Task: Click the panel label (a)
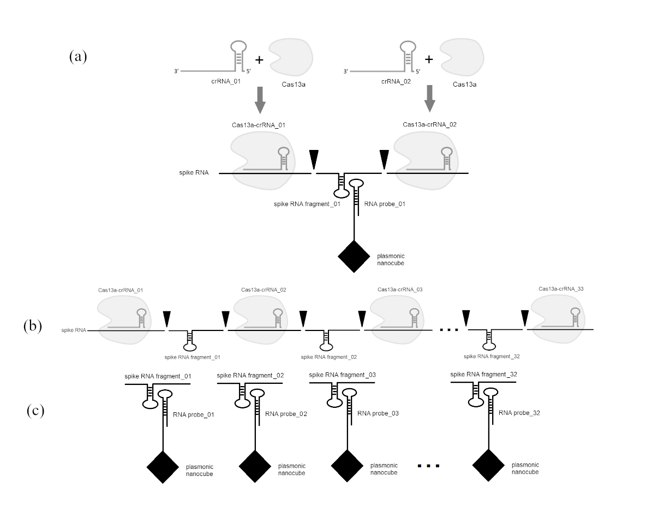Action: click(x=78, y=56)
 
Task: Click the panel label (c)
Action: click(x=35, y=411)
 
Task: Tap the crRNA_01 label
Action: click(x=226, y=81)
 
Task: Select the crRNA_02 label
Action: click(x=396, y=81)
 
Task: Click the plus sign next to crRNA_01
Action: click(x=260, y=60)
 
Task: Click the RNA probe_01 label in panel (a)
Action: click(x=385, y=204)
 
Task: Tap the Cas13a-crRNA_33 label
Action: click(x=561, y=288)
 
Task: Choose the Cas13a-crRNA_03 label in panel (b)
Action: click(x=400, y=290)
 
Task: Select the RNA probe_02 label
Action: click(x=286, y=414)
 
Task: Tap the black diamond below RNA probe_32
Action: click(x=488, y=465)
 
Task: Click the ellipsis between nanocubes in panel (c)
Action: click(x=428, y=466)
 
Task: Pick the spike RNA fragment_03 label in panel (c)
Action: click(x=342, y=375)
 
